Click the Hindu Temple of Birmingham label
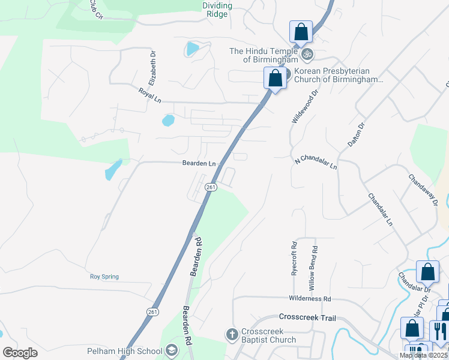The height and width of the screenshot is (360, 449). tap(264, 55)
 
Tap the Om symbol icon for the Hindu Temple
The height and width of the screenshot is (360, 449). tap(307, 55)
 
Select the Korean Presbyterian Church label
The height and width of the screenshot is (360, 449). tap(337, 75)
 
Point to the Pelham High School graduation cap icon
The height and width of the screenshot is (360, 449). tap(172, 351)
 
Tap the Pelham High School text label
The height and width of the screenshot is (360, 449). tap(124, 351)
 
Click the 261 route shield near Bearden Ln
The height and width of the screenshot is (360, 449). tap(211, 188)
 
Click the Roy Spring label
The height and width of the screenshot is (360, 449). tap(104, 277)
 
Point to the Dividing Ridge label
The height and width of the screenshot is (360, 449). tap(217, 10)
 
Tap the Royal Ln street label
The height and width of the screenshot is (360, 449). tap(150, 95)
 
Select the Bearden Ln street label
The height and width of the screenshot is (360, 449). tap(199, 163)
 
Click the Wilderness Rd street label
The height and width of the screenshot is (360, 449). tap(310, 298)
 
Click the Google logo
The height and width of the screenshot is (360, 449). tap(20, 352)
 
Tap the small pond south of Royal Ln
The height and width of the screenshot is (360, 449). tap(168, 121)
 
